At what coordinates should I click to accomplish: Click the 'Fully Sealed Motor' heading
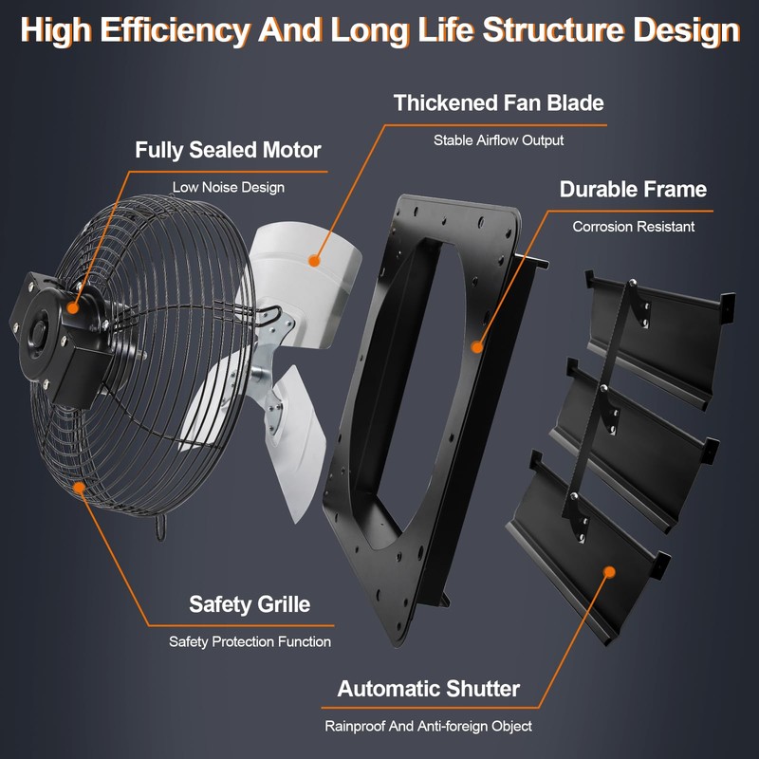228,150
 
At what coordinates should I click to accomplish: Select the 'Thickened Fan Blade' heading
498,102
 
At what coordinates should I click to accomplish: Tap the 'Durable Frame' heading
633,189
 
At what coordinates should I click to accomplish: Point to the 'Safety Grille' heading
250,603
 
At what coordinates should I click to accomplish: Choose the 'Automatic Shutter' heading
429,688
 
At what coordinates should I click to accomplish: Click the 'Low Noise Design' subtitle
228,187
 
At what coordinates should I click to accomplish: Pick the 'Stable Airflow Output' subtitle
498,139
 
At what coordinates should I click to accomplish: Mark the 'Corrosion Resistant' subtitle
633,227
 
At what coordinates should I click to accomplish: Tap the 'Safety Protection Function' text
250,641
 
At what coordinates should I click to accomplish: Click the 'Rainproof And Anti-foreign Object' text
429,726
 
